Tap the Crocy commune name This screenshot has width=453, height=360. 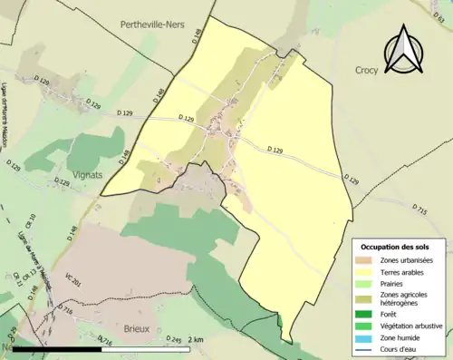368,69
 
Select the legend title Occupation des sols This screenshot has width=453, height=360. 396,248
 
